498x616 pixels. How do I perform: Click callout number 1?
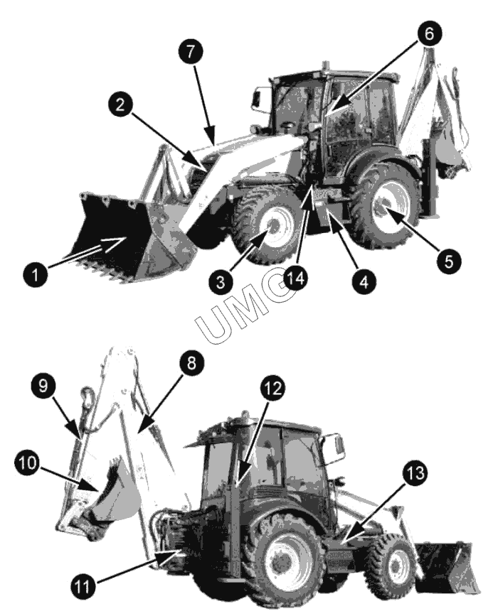coord(36,274)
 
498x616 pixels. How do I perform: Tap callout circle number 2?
coord(120,104)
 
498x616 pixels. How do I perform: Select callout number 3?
coord(221,282)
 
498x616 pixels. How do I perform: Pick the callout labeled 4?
coord(364,281)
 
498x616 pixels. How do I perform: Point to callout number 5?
coord(448,261)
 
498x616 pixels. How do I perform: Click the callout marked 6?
coord(429,34)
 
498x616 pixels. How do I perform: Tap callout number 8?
coord(191,363)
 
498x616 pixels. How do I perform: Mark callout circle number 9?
coord(43,385)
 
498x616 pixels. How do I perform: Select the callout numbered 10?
coord(28,463)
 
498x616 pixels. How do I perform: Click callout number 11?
coord(83,587)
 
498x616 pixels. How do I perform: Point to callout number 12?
coord(272,388)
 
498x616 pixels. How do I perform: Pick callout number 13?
coord(415,472)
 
